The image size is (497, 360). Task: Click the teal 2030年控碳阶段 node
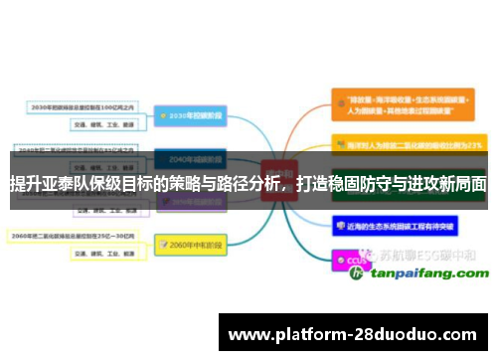[x=189, y=116]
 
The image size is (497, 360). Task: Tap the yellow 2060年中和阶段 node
[x=190, y=243]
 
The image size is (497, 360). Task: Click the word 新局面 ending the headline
[x=463, y=184]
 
